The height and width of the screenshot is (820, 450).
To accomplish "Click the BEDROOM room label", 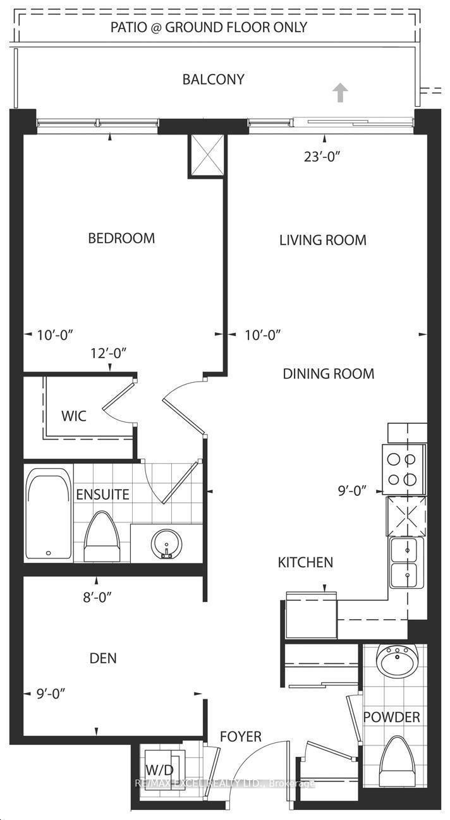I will tap(121, 238).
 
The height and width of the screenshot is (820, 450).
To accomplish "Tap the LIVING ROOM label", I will tap(322, 240).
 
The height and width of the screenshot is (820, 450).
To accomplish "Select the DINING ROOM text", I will tap(328, 373).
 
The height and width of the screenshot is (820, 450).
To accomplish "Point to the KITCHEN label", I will tap(305, 562).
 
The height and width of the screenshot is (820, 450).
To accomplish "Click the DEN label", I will tap(103, 658).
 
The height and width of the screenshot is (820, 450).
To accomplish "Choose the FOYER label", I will tap(240, 737).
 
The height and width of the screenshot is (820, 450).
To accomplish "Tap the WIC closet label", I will tap(73, 417).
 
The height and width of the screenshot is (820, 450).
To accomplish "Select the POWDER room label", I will tap(391, 717).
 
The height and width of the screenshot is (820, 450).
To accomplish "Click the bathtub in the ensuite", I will tap(49, 514).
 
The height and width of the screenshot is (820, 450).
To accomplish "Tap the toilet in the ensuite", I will tap(101, 536).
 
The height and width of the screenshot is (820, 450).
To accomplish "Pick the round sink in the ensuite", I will tap(167, 543).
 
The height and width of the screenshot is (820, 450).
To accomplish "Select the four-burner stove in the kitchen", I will tap(403, 468).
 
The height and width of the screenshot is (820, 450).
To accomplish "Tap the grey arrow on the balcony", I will tap(341, 93).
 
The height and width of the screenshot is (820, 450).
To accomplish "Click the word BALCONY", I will tap(213, 80).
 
